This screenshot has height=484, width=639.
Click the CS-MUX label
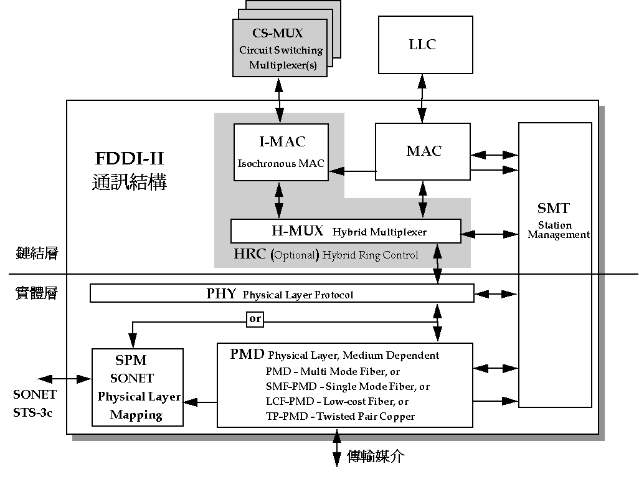click(278, 33)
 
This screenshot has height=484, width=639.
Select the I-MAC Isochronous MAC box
click(281, 152)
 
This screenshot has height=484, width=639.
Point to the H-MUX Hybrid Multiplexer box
click(346, 231)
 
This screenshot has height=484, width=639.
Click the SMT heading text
click(554, 209)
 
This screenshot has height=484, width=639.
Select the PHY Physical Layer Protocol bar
click(282, 293)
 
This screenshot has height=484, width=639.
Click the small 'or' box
click(255, 319)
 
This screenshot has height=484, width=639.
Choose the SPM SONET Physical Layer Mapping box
click(138, 387)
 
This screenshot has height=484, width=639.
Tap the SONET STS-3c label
click(35, 403)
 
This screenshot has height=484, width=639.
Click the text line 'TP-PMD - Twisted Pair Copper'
click(340, 416)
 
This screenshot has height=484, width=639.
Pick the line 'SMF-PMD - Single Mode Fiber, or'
click(347, 386)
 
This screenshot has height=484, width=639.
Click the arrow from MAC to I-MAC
click(352, 171)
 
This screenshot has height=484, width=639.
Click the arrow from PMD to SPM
click(200, 402)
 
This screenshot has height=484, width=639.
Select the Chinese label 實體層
click(36, 293)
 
